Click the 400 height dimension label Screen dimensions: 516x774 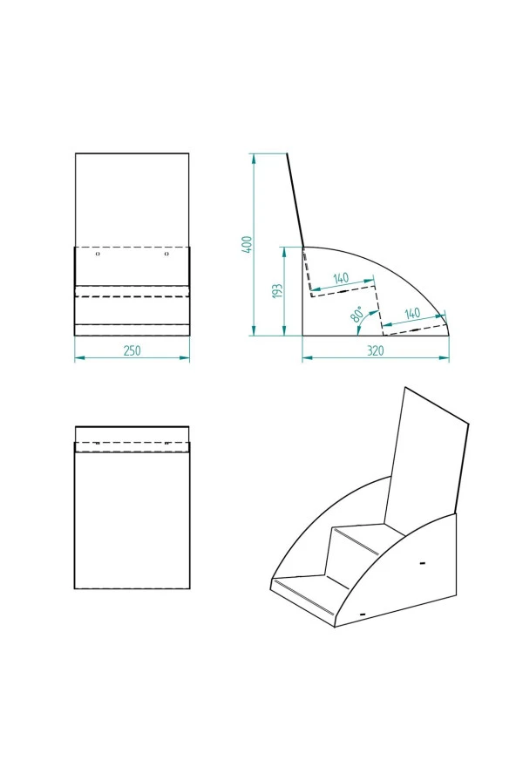point(248,244)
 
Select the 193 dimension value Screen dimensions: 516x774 point(278,291)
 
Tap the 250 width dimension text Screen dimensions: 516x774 point(132,350)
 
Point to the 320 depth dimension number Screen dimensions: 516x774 point(376,351)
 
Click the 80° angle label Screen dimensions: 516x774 point(357,315)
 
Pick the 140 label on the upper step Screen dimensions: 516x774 point(340,278)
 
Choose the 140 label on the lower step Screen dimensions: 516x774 point(411,314)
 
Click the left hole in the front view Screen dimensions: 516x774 point(98,254)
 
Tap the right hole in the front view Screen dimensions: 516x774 point(166,254)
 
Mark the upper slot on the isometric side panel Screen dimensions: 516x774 point(422,562)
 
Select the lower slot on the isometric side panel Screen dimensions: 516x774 point(363,614)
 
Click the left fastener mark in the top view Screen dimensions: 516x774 point(98,444)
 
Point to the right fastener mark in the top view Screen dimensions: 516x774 point(166,444)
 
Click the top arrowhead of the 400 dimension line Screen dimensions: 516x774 point(254,158)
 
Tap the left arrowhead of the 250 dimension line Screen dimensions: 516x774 point(79,358)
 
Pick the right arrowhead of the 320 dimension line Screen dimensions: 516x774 point(445,358)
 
